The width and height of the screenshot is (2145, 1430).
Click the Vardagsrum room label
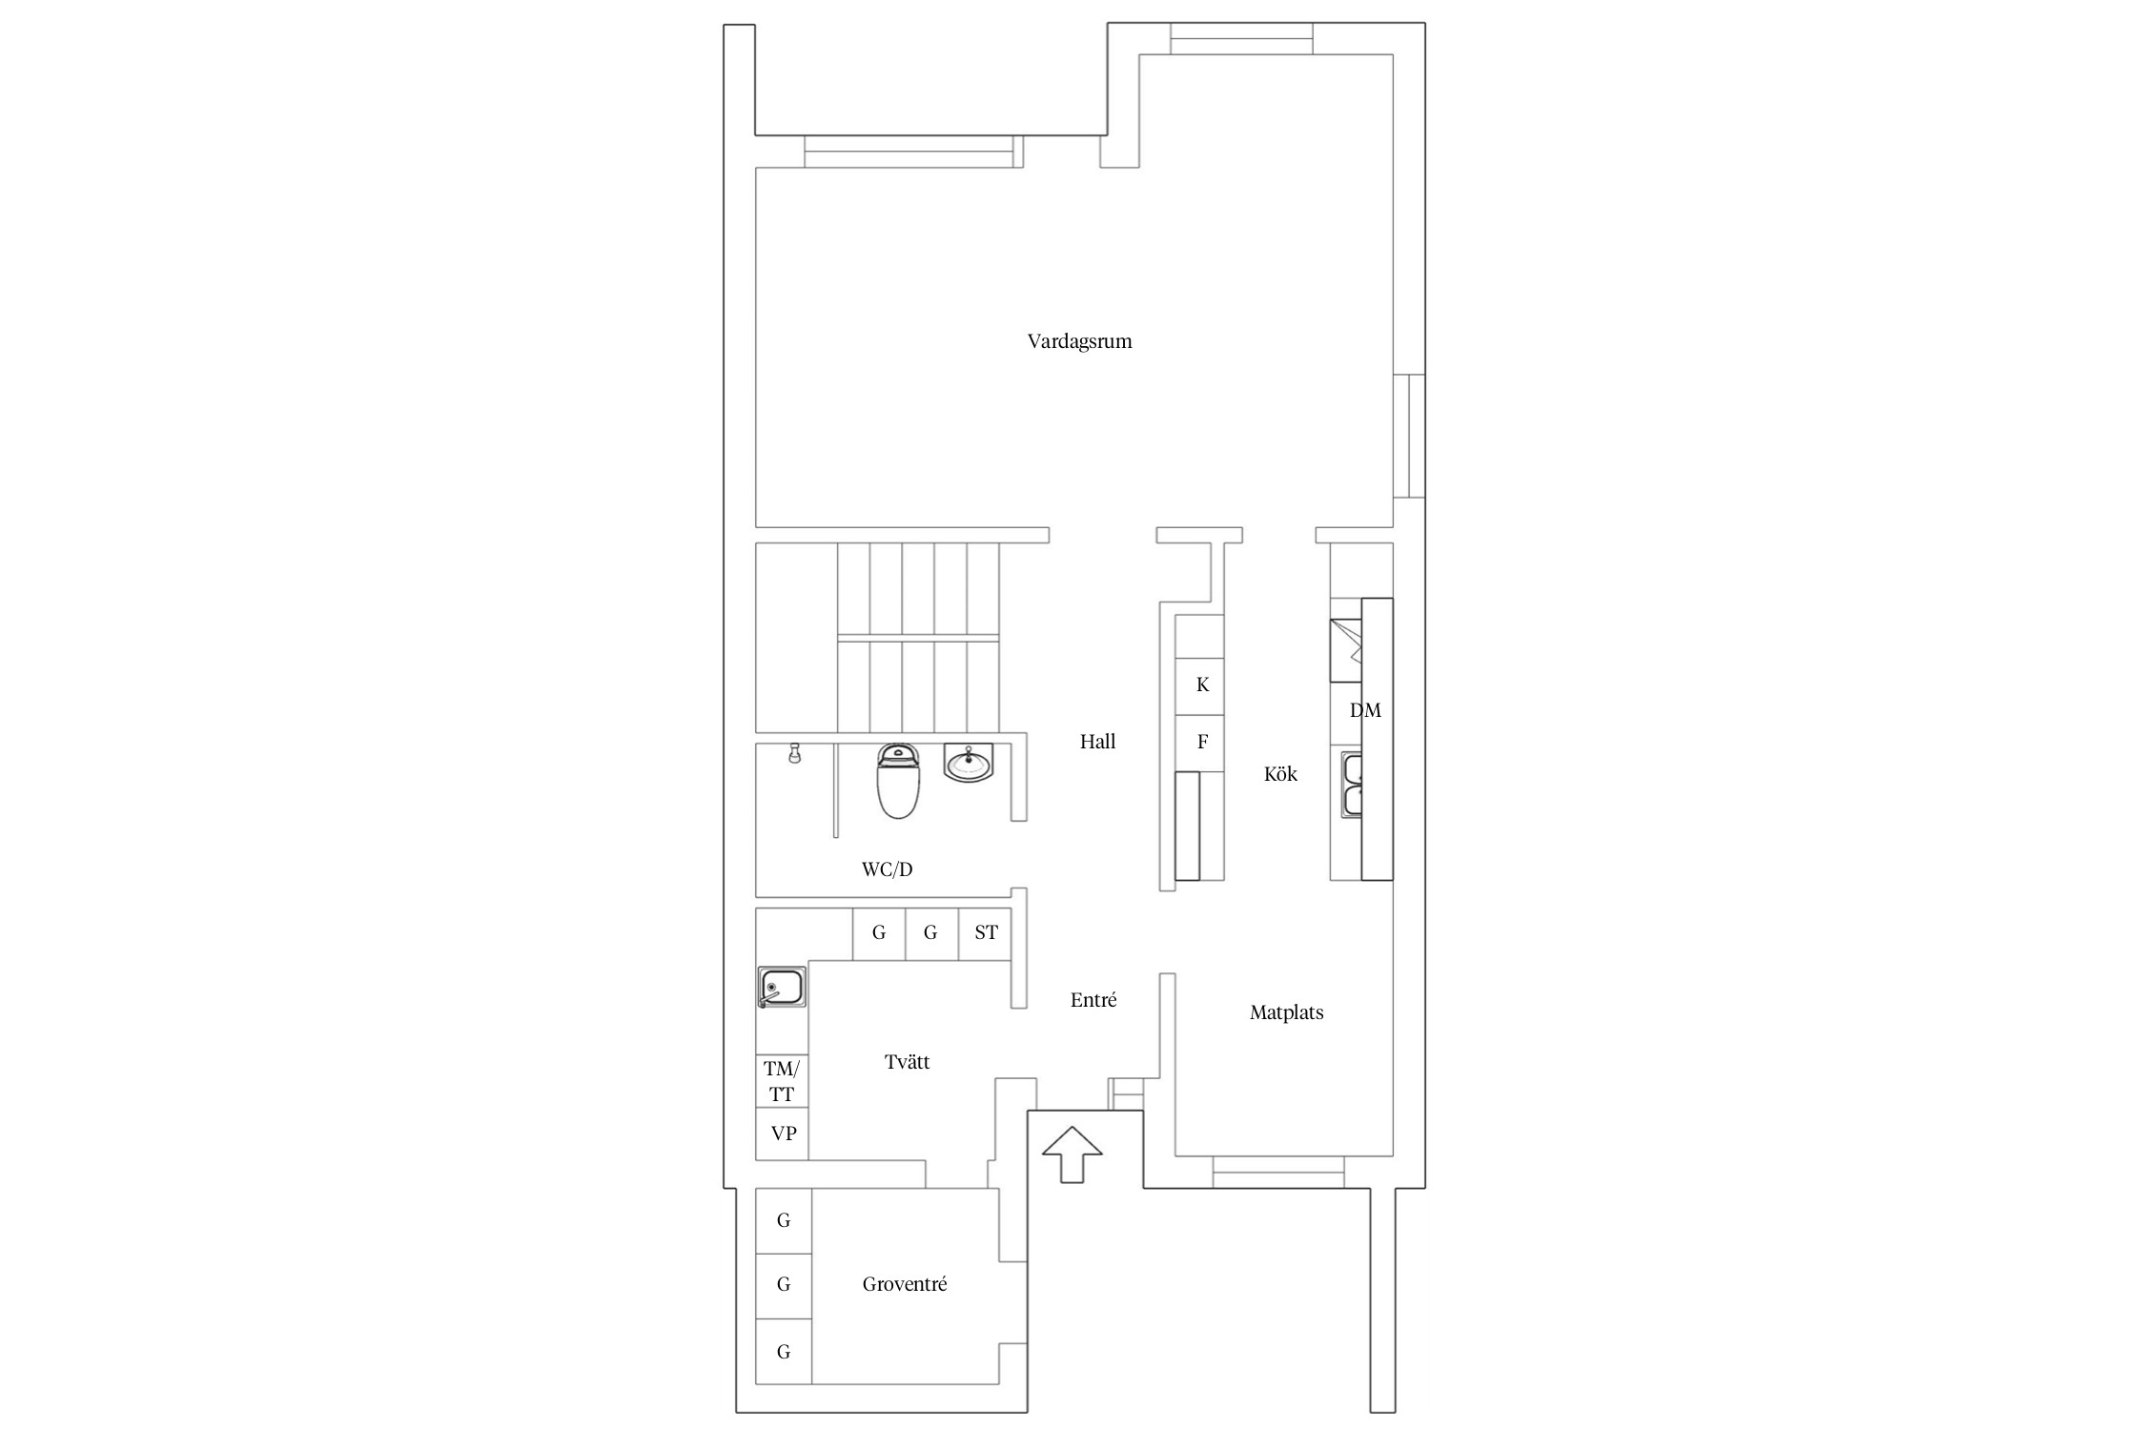tap(1079, 341)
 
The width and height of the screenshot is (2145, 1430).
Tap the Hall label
tap(1097, 742)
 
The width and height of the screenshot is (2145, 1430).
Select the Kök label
tap(1280, 774)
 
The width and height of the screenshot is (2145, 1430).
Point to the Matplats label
tap(1286, 1012)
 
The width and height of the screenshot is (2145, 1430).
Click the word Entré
tap(1093, 1000)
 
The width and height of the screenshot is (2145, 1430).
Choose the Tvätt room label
tap(907, 1062)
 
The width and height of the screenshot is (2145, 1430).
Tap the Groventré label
tap(905, 1284)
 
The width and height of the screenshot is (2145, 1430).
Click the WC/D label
tap(887, 869)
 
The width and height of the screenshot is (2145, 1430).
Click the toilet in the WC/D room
tap(897, 782)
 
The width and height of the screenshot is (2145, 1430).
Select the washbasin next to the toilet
tap(969, 763)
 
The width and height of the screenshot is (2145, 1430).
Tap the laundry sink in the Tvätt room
tap(782, 987)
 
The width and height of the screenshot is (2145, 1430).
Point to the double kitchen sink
tap(1352, 785)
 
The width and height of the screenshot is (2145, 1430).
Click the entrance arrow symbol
tap(1072, 1154)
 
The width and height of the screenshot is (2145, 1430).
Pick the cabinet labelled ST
tap(985, 933)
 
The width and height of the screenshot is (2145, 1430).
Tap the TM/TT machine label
tap(782, 1082)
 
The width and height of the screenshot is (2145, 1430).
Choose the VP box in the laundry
tap(783, 1134)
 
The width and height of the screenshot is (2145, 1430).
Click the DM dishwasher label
tap(1365, 710)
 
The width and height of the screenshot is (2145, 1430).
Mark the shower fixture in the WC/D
tap(792, 754)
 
